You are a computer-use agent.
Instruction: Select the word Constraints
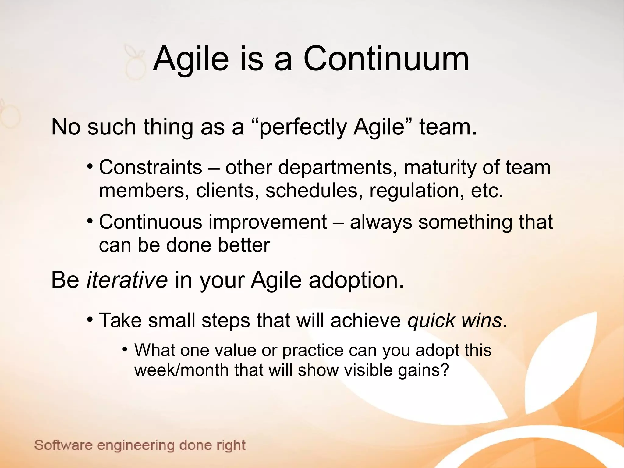[x=151, y=167]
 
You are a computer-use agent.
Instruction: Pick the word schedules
[x=314, y=191]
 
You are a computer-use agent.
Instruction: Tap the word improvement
[x=268, y=222]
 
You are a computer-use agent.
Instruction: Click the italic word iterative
[x=127, y=280]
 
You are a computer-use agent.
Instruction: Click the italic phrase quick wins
[x=454, y=321]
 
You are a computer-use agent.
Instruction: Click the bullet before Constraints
[x=90, y=166]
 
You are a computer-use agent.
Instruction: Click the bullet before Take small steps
[x=90, y=320]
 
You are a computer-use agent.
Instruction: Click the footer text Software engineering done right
[x=140, y=445]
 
